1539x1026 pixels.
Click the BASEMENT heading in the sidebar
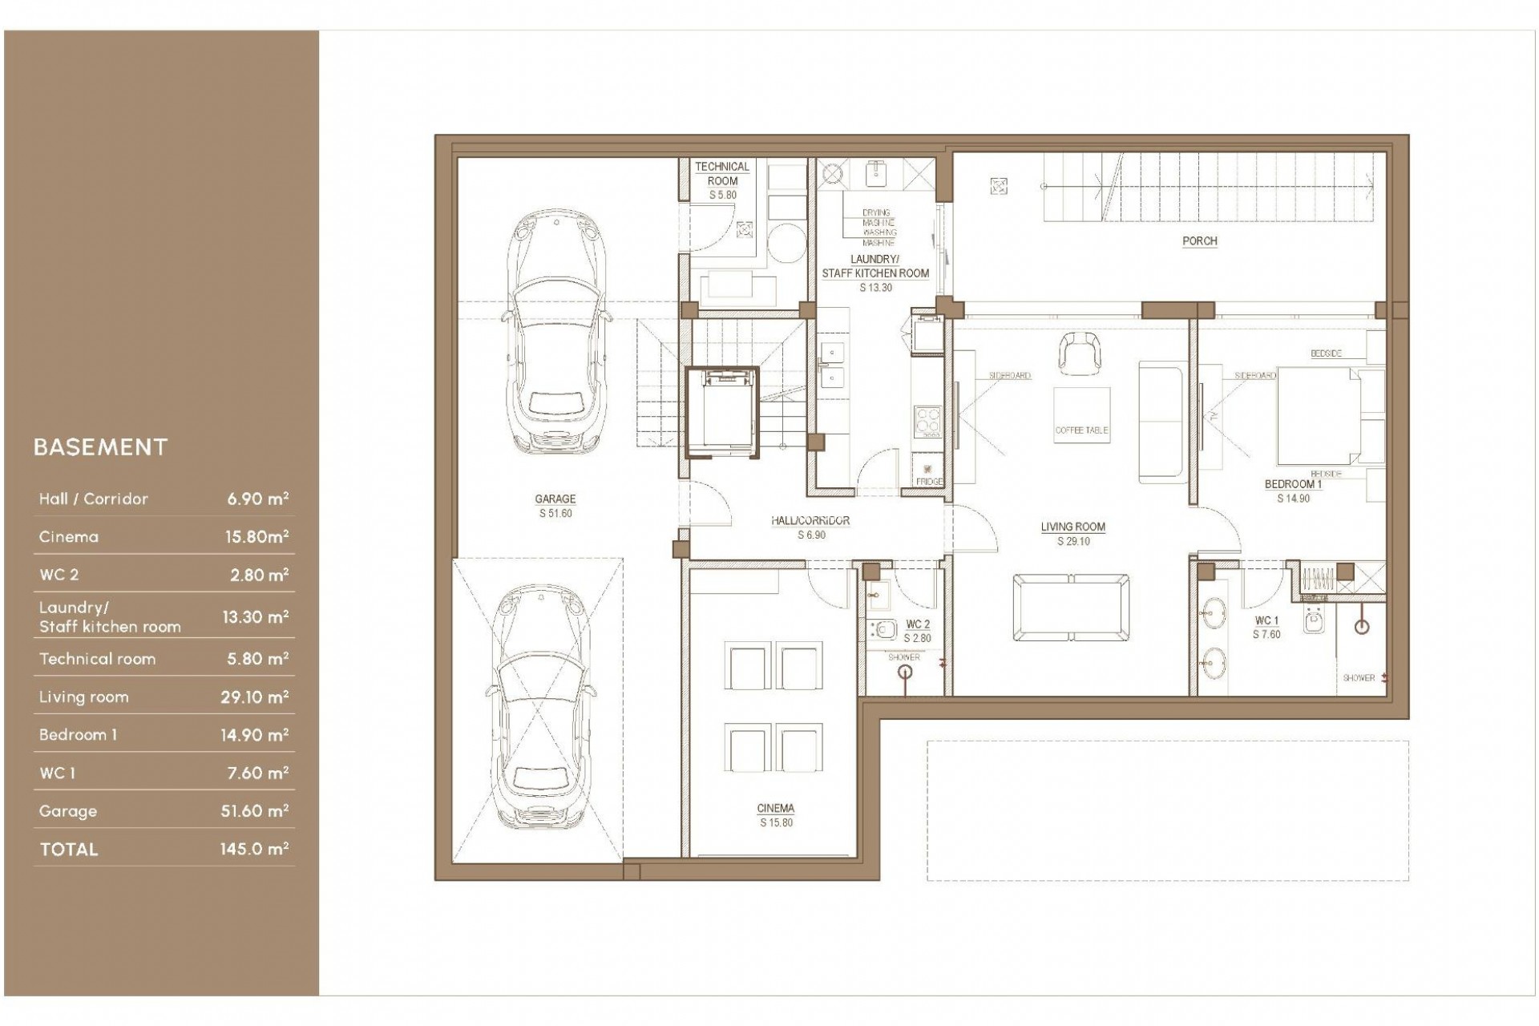pos(100,447)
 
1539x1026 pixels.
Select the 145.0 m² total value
pos(254,849)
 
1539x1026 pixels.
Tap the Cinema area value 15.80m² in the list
pos(256,537)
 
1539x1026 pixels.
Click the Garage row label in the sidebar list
pos(68,811)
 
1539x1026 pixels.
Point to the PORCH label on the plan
pos(1199,240)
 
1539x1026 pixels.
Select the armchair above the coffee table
pos(1080,353)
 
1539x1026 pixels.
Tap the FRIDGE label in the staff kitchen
pos(929,481)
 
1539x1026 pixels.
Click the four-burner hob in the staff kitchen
pos(928,421)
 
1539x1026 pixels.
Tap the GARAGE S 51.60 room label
pos(555,506)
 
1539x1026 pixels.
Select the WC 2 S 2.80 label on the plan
pos(918,631)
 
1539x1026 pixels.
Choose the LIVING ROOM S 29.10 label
pos(1072,534)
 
